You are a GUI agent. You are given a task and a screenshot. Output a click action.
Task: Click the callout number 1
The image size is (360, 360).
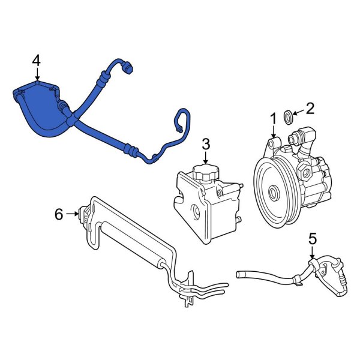coord(273,119)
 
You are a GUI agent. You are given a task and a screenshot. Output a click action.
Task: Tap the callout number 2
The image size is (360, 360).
coord(310,109)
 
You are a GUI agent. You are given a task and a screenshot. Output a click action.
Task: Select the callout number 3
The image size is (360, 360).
coord(206,145)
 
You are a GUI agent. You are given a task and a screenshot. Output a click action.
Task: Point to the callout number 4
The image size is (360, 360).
coord(37,61)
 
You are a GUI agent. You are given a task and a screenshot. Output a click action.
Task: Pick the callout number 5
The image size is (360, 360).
coord(313,239)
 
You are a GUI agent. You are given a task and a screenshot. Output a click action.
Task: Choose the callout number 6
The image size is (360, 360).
coord(59,214)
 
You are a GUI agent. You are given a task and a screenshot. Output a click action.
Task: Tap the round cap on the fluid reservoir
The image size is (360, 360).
coord(206,172)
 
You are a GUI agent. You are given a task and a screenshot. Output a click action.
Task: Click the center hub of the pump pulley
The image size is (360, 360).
coord(274,193)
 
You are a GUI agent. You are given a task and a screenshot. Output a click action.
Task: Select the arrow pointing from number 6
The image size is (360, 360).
coord(72,214)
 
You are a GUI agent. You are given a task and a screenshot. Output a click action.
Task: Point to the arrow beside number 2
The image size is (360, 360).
coord(298,112)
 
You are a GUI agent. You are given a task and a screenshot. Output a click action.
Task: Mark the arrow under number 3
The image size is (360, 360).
coord(206,158)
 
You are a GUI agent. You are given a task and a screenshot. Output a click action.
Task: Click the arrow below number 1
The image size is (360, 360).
coord(273,132)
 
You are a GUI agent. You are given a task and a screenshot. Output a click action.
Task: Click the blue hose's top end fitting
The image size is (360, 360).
coord(128,67)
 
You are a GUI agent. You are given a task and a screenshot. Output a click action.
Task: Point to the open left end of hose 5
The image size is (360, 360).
coord(238,274)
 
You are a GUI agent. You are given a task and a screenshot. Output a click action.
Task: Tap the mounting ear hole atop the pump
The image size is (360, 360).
coord(271,144)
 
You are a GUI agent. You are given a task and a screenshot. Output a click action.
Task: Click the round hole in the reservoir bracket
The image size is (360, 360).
coord(196,212)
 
